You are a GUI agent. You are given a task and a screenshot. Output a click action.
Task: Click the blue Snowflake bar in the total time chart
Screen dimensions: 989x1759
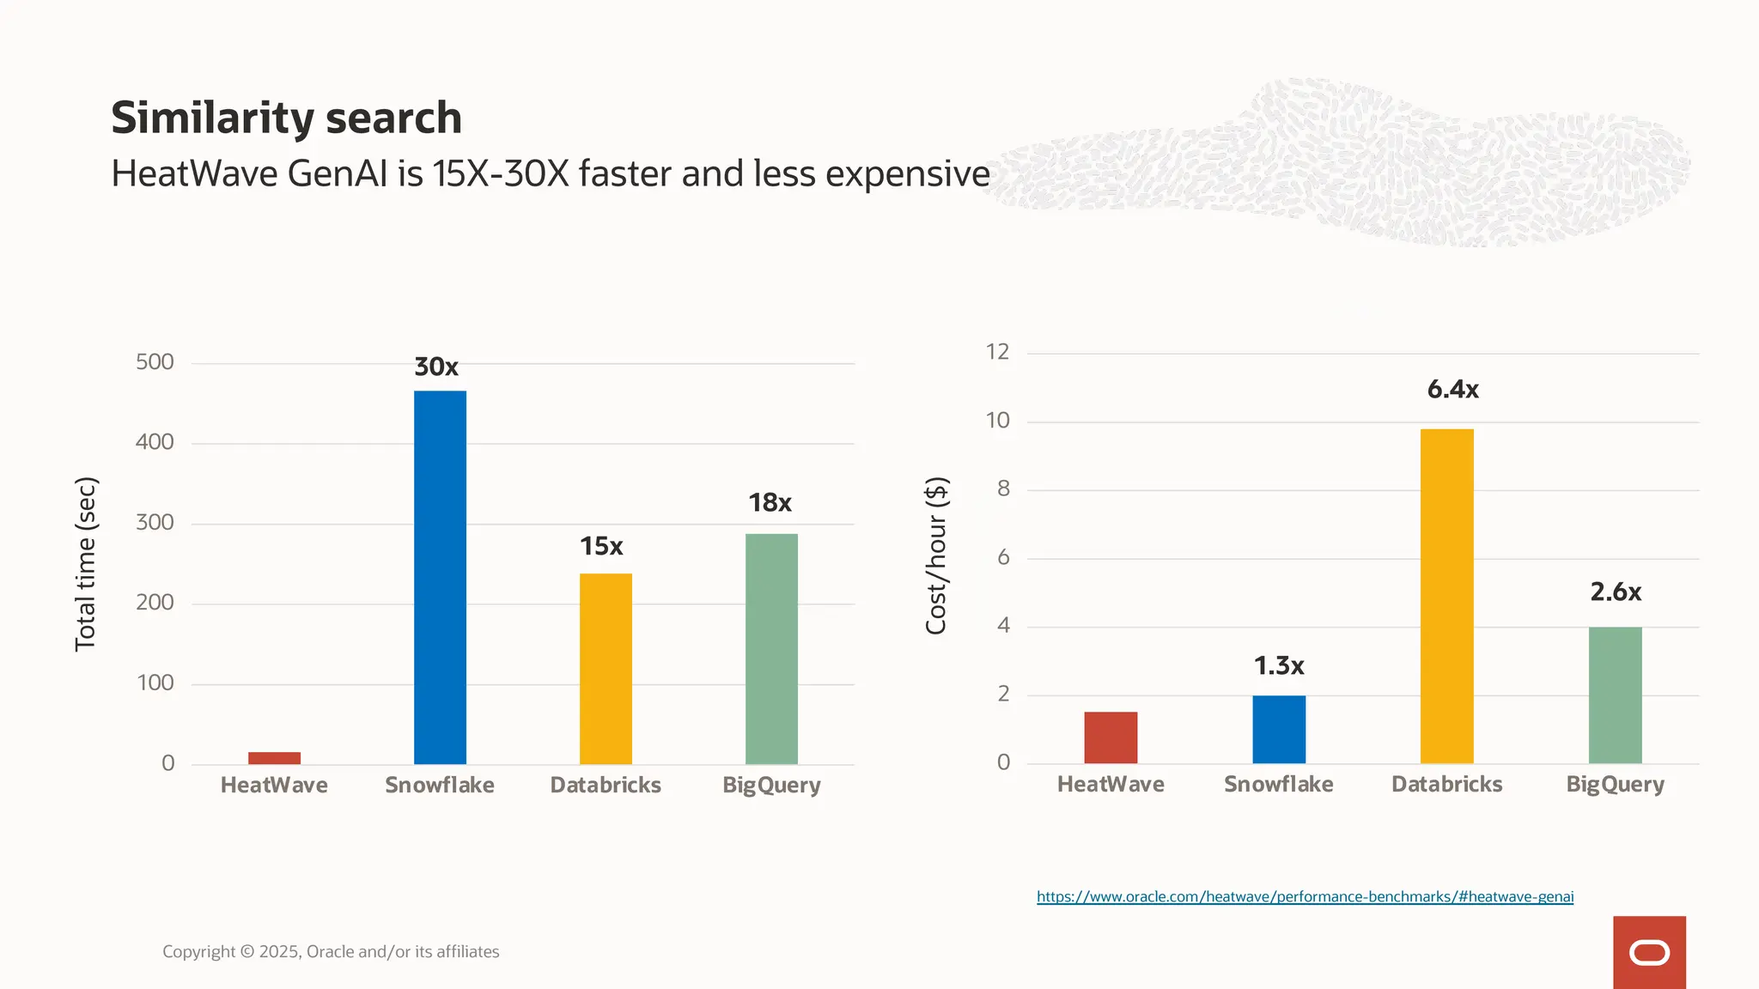(x=440, y=577)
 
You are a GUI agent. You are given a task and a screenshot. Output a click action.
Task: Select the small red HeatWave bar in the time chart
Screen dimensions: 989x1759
(x=274, y=758)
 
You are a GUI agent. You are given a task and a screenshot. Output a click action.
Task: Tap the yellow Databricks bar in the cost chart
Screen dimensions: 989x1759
(x=1446, y=596)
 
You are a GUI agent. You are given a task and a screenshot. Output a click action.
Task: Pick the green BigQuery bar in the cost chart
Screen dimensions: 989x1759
(x=1615, y=695)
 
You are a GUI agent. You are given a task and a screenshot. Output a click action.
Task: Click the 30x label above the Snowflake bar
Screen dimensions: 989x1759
(x=436, y=367)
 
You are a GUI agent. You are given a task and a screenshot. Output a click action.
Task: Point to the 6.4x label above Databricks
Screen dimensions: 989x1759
(x=1452, y=390)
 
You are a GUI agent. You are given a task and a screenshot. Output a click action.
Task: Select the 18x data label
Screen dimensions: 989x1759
(x=770, y=503)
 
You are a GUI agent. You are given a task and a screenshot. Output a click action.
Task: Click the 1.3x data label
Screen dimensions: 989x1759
(x=1278, y=666)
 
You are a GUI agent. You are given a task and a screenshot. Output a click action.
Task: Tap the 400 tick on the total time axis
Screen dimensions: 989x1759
(x=155, y=442)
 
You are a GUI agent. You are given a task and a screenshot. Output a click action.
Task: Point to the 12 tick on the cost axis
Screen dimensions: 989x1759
(x=997, y=352)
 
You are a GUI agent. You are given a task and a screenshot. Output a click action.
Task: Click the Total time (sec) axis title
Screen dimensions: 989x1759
(x=86, y=563)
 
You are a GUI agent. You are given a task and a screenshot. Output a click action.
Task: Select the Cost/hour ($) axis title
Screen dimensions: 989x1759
(x=936, y=555)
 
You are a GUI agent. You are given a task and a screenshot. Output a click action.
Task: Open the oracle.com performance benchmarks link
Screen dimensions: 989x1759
(x=1305, y=897)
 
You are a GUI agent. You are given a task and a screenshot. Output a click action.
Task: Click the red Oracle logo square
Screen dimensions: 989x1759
(x=1648, y=952)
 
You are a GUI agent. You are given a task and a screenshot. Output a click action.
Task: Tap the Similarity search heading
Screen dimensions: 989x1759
(x=286, y=118)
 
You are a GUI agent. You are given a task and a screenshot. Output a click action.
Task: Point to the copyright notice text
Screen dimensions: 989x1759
(x=331, y=952)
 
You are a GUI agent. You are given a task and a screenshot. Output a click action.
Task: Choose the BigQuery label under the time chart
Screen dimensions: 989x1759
(x=771, y=786)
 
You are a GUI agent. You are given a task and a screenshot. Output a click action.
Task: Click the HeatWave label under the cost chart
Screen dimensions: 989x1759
(x=1110, y=785)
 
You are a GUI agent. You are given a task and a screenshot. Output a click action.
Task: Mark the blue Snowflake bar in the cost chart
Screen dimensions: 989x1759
(x=1278, y=729)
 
